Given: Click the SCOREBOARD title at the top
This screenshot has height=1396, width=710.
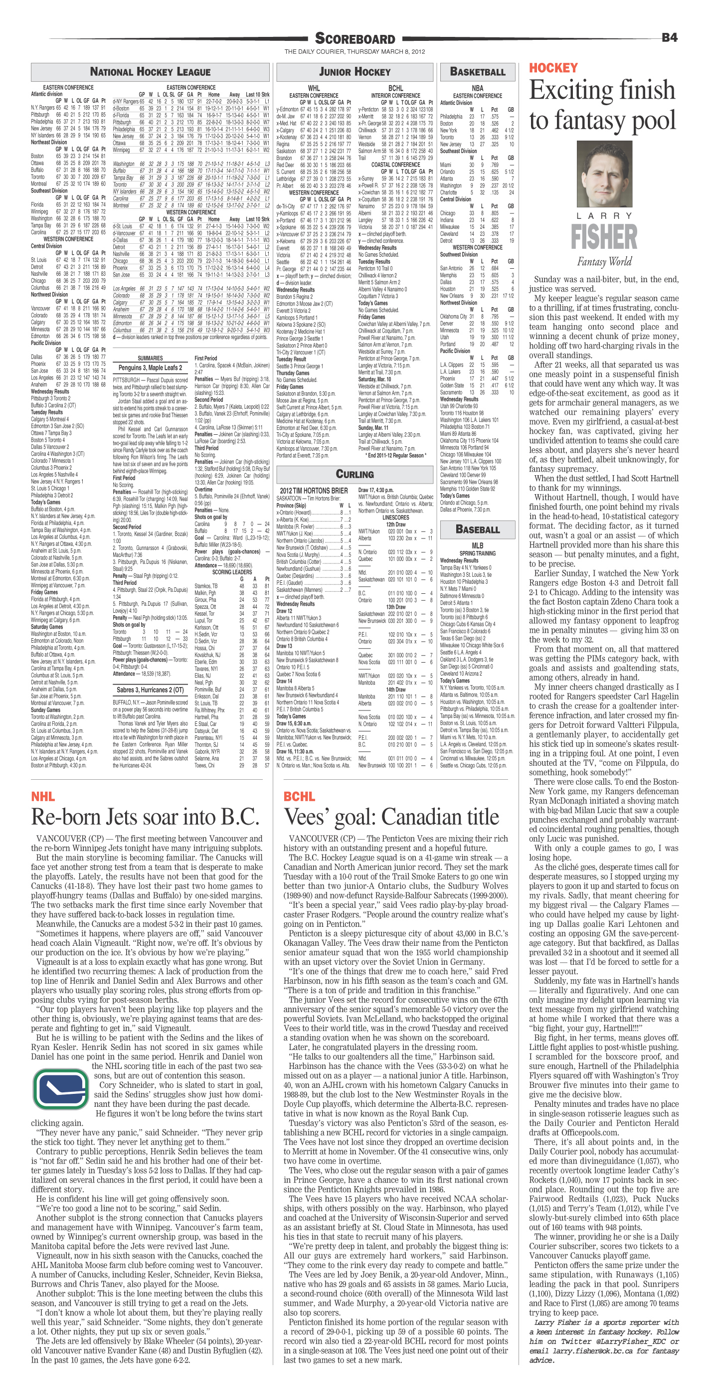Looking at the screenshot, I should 355,38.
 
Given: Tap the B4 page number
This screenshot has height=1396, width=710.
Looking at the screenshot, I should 669,37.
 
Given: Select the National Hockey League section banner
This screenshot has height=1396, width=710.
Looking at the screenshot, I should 150,71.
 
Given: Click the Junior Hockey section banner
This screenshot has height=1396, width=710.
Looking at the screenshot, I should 355,71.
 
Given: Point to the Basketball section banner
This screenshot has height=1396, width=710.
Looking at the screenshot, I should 478,71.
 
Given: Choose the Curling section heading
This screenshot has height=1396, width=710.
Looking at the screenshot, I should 355,474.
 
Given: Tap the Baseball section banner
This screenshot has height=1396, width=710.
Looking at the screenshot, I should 478,529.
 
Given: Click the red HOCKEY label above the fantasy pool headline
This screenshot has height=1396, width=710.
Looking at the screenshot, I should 553,68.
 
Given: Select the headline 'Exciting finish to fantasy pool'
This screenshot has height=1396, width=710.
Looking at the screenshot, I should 603,105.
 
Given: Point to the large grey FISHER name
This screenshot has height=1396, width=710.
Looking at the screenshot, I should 604,237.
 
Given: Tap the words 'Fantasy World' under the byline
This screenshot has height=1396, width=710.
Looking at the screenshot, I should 604,262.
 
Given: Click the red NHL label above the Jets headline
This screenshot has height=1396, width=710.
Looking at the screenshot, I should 43,796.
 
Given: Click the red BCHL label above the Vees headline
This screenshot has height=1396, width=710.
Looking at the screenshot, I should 299,796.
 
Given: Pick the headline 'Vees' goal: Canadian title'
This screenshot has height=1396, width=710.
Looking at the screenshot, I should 391,817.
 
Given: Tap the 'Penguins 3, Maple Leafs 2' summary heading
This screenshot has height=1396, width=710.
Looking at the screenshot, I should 149,368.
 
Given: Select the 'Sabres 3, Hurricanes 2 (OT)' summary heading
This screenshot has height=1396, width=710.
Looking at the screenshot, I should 150,690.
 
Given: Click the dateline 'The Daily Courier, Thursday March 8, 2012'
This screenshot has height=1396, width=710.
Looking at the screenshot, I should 355,52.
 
